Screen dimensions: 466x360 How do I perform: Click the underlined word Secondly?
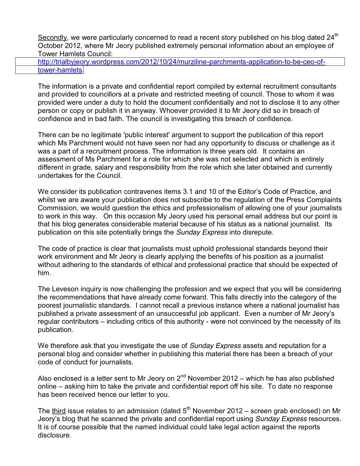coord(52,38)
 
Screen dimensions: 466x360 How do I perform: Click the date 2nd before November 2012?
coord(181,378)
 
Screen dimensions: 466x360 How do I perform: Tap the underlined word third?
coord(59,411)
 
